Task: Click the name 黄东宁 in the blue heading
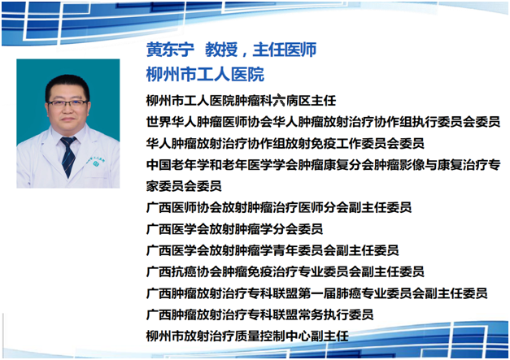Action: (x=170, y=50)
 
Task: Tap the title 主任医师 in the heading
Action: (x=285, y=50)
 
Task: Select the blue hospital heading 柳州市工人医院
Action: (x=205, y=74)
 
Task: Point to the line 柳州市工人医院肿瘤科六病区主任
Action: (x=241, y=101)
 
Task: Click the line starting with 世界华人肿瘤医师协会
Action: (x=323, y=122)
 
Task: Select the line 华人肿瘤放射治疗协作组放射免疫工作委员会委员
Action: (x=286, y=143)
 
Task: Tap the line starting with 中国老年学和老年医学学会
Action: (x=323, y=165)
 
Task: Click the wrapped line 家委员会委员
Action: (x=184, y=186)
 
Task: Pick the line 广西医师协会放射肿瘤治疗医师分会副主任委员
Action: (x=279, y=207)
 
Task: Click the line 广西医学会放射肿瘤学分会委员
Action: (x=234, y=228)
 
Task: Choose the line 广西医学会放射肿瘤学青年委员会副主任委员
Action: (x=272, y=250)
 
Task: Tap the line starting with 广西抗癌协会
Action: (x=286, y=271)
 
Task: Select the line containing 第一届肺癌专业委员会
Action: (x=316, y=293)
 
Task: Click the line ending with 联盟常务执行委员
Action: (x=259, y=314)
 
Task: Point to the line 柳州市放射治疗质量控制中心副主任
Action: (x=247, y=336)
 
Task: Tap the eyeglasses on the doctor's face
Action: (x=68, y=103)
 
